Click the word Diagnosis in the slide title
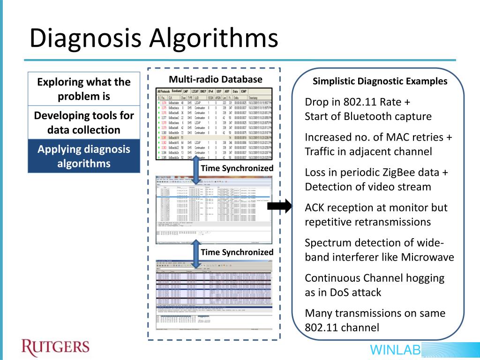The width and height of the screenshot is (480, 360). pos(85,38)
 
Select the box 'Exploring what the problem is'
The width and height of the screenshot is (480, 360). pos(84,89)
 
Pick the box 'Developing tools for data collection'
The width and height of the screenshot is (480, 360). pos(84,122)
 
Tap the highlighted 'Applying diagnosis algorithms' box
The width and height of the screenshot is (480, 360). pos(84,156)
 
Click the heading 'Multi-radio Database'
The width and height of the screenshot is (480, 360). pos(216,80)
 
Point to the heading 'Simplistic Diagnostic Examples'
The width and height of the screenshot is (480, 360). pos(380,82)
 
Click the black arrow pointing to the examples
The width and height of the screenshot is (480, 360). pos(283,206)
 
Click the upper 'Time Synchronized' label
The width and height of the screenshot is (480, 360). pos(237,168)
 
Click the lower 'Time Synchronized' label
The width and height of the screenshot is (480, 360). pos(237,252)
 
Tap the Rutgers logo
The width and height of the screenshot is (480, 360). pos(55,347)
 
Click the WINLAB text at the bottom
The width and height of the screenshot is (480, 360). pos(395,350)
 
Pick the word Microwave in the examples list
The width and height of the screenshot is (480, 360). pos(425,257)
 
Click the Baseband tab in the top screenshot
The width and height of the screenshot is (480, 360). pos(176,91)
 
